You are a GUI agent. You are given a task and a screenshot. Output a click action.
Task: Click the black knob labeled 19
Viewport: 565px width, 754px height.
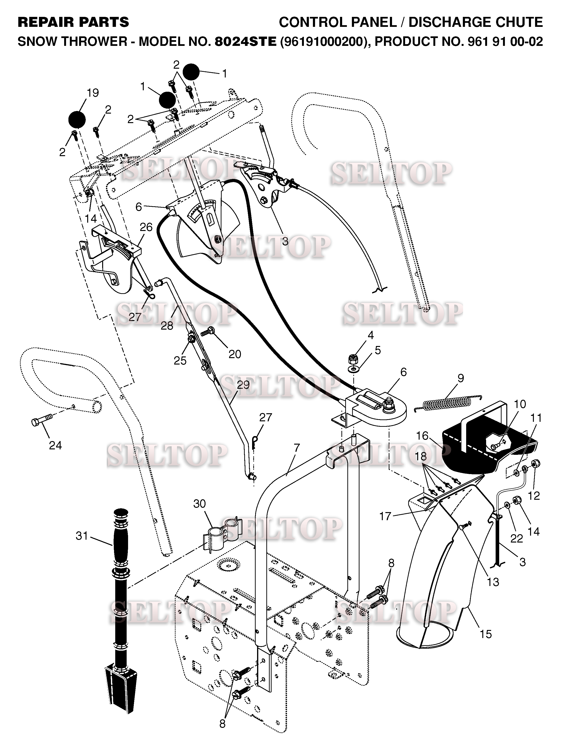click(x=77, y=119)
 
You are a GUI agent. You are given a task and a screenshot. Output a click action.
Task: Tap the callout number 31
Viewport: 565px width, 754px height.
click(x=82, y=536)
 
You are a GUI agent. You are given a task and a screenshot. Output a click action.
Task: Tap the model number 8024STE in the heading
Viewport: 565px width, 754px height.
click(x=245, y=42)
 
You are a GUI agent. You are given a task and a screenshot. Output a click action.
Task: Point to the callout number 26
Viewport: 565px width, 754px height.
click(x=146, y=227)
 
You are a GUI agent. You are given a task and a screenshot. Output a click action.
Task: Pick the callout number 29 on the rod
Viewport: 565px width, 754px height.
click(x=243, y=384)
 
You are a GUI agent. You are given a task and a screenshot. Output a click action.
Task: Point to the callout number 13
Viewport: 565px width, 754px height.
click(x=493, y=582)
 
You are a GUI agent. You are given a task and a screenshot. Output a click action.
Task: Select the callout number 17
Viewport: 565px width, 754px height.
click(x=385, y=516)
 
